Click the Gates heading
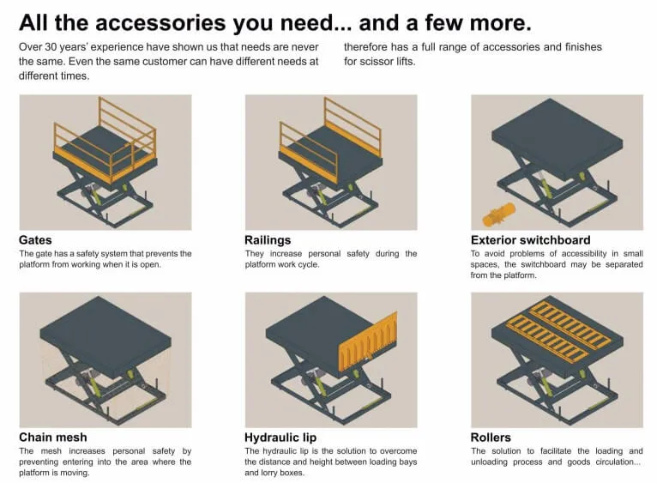coord(35,240)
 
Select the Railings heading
coord(268,241)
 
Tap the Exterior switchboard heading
coord(530,240)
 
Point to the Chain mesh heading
coord(53,438)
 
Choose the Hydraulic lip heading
coord(280,438)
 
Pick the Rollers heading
coord(491,438)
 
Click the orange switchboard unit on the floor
coord(498,214)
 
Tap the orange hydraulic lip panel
coord(368,342)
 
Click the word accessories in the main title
coord(160,23)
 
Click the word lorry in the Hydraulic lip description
coord(271,473)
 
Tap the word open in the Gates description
coord(151,265)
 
